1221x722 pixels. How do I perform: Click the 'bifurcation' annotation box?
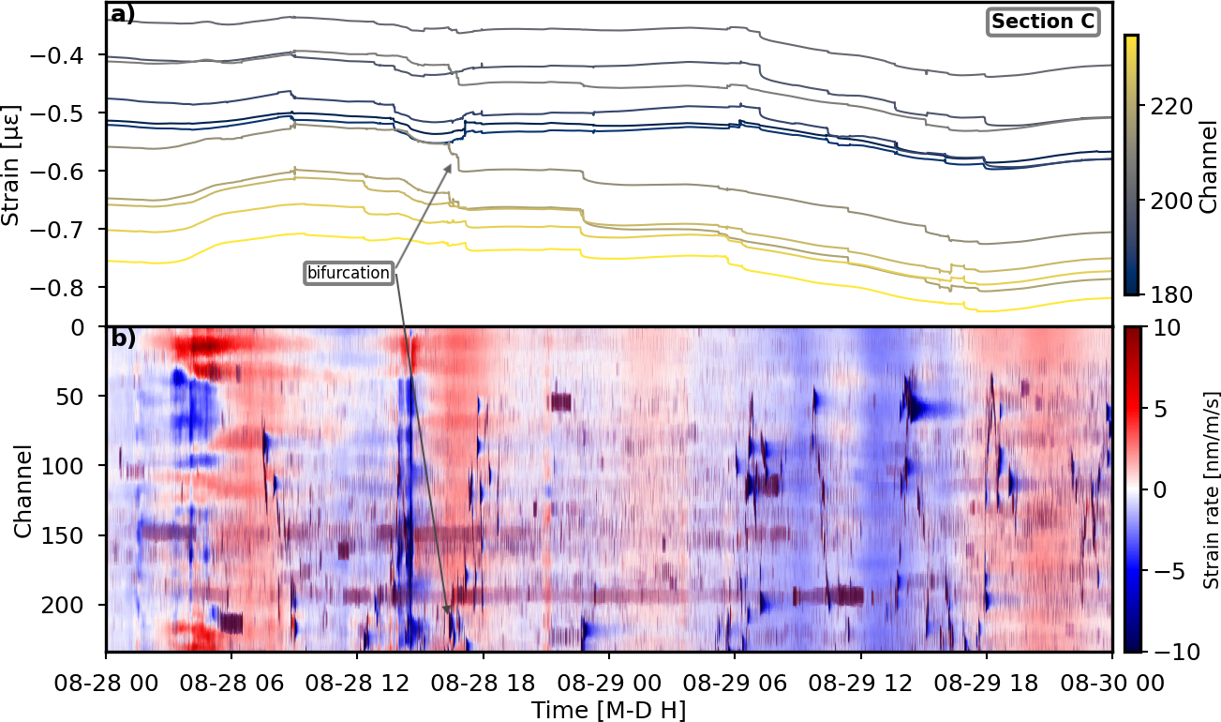(349, 273)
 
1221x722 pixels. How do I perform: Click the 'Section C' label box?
(1044, 22)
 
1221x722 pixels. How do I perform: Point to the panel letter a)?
(123, 14)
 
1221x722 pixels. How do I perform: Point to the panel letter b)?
(123, 338)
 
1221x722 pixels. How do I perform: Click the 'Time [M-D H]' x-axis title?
(609, 710)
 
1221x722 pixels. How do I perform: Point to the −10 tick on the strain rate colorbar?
(1169, 651)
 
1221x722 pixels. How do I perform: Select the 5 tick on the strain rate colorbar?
(1157, 408)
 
